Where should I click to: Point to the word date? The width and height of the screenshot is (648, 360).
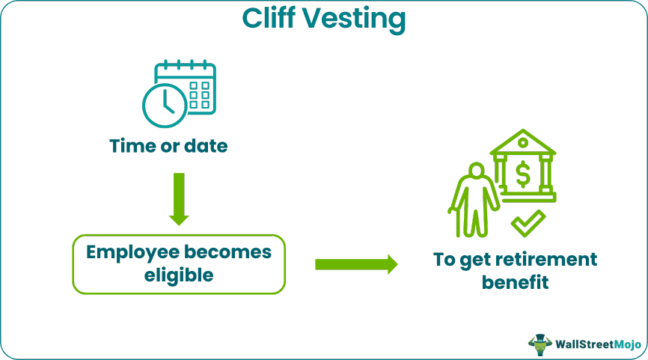[x=204, y=145]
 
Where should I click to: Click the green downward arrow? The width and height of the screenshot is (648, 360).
[x=180, y=198]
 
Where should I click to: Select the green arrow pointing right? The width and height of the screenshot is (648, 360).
[x=356, y=263]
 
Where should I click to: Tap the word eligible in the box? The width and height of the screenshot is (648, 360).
[x=180, y=275]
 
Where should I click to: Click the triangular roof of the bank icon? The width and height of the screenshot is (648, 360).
[x=523, y=142]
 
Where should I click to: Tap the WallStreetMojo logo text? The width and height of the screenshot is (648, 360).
[x=599, y=344]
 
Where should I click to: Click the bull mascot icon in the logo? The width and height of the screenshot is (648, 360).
[x=539, y=344]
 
